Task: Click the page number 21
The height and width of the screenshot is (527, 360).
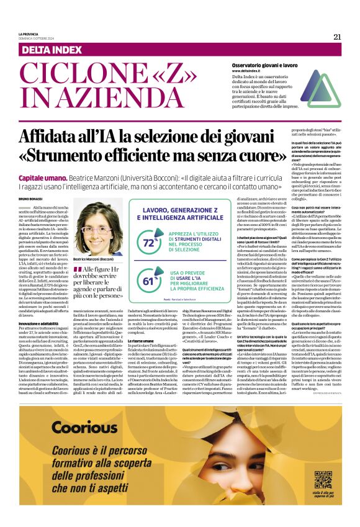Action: point(337,37)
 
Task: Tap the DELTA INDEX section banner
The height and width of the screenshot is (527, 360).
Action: point(55,48)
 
